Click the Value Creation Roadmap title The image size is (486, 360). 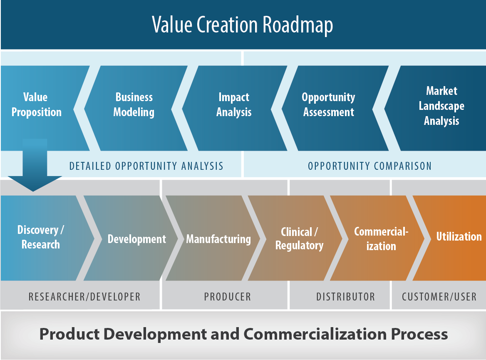tap(243, 25)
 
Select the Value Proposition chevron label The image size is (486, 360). tap(36, 104)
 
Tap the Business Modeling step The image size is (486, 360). tap(134, 104)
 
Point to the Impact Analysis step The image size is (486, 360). tap(234, 104)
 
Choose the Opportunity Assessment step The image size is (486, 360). tap(329, 104)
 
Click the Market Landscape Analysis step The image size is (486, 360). tap(441, 106)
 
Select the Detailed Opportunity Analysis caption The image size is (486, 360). tap(146, 166)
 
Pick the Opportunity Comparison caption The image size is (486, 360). tap(369, 166)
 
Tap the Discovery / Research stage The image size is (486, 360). tap(40, 237)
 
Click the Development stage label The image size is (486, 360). tap(136, 239)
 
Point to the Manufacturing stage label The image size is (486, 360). tap(218, 239)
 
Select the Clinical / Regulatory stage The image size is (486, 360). tap(299, 238)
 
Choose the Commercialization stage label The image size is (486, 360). tap(381, 238)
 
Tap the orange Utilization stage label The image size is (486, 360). tap(459, 236)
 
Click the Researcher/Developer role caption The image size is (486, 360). tap(84, 297)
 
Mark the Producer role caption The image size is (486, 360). tap(227, 297)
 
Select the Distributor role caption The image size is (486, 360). tap(345, 297)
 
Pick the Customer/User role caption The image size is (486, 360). tap(439, 297)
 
